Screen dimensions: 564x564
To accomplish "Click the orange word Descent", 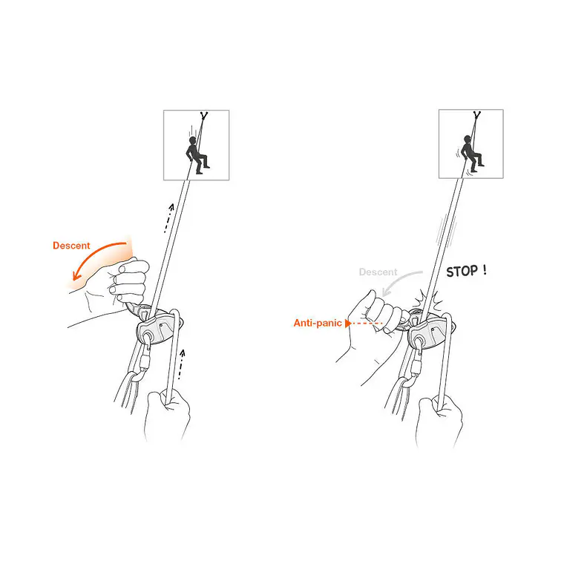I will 71,246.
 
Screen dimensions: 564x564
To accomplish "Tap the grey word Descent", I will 378,272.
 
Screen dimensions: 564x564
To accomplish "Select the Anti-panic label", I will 318,323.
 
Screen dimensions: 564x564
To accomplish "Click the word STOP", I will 462,272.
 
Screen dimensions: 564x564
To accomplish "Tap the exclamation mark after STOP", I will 485,269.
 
